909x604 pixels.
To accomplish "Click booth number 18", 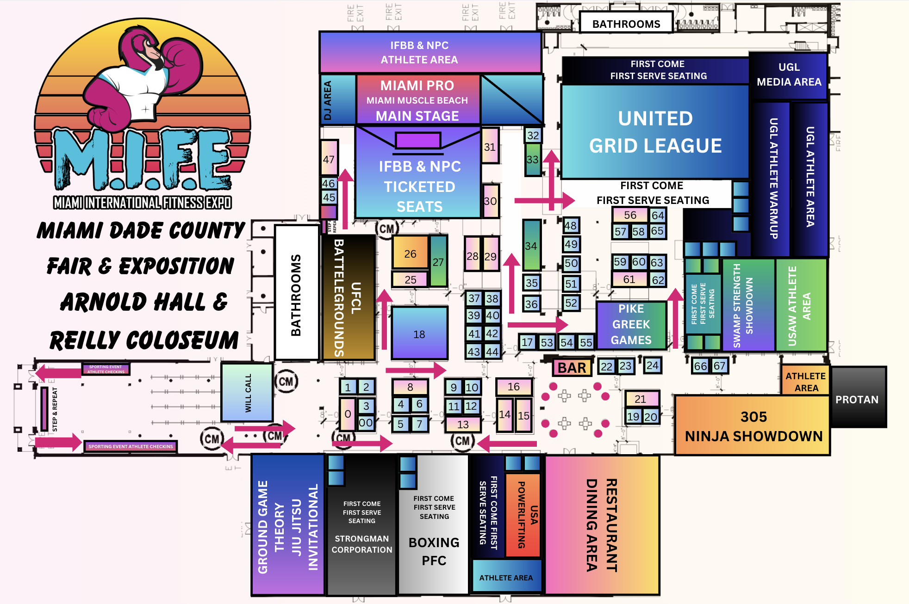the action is (419, 333).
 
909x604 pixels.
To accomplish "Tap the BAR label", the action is (572, 368).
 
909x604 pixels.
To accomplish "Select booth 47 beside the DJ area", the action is (329, 159).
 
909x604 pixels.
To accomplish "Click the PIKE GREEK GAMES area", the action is (631, 324).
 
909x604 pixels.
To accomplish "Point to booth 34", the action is (531, 246).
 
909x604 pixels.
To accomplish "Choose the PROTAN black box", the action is (858, 399).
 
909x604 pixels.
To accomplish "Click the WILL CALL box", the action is (247, 392).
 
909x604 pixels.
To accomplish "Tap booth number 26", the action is (410, 253).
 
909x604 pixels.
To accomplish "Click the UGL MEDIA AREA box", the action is (789, 75).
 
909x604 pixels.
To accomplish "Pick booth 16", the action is (514, 387).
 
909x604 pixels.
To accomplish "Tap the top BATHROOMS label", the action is (626, 24).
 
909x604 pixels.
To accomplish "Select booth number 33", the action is (533, 160).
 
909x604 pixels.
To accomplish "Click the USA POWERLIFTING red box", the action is (523, 514).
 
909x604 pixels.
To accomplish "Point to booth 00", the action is (366, 422).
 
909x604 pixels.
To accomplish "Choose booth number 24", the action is (653, 365).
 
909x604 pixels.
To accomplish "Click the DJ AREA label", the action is (328, 100).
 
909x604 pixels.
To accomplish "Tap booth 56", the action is (630, 215).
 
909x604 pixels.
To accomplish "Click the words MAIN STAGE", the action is (417, 116).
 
